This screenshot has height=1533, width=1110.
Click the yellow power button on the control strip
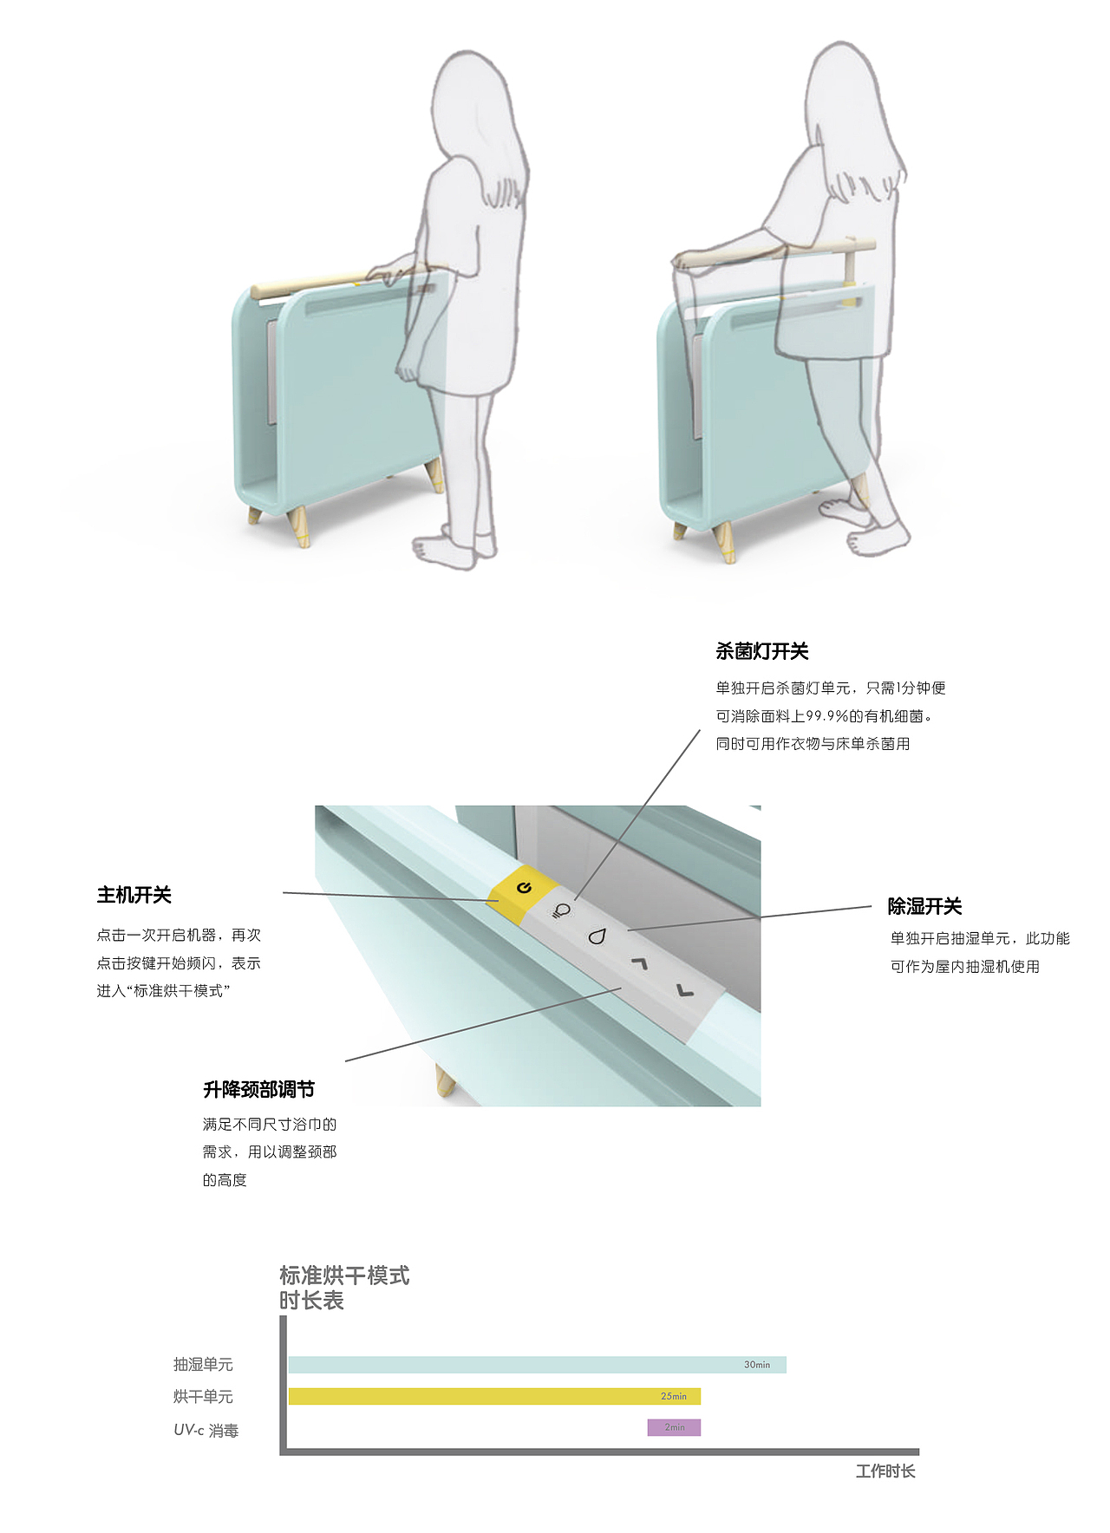[523, 889]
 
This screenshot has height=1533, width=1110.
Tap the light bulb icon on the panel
[562, 911]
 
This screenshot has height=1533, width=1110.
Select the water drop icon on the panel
[597, 936]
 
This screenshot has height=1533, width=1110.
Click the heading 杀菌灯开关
[761, 651]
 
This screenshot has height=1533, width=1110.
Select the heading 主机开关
[134, 895]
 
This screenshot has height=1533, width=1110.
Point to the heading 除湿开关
[924, 906]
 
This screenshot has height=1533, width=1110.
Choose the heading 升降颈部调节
[258, 1089]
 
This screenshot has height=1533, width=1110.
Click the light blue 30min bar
[520, 1365]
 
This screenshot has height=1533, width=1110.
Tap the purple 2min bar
[674, 1427]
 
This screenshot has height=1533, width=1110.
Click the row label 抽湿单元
[203, 1365]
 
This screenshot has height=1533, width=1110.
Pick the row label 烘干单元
[203, 1397]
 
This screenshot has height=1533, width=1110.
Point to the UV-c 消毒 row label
[206, 1430]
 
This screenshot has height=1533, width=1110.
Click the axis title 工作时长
[885, 1471]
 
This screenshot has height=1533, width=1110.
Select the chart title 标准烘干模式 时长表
[343, 1288]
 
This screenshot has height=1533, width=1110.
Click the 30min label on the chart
[757, 1365]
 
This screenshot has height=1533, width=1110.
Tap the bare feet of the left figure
[451, 546]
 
